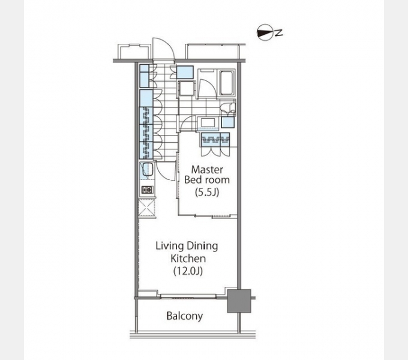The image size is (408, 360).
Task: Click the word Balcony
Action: [x=184, y=316]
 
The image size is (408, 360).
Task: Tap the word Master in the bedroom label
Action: [x=207, y=170]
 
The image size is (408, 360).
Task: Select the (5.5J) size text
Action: [x=207, y=192]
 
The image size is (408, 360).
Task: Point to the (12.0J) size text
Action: [x=188, y=271]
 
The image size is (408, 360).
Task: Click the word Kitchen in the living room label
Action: [x=188, y=259]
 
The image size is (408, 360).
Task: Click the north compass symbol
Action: [x=265, y=32]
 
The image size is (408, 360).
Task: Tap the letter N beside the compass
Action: [x=279, y=33]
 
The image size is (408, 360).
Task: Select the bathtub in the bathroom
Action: [x=227, y=83]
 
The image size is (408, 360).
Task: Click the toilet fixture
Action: [x=228, y=109]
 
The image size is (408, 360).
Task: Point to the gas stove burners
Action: [x=147, y=190]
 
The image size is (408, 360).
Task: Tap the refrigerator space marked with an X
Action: [x=147, y=208]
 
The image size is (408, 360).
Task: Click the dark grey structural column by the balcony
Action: [x=239, y=301]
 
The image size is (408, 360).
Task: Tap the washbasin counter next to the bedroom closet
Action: [x=208, y=122]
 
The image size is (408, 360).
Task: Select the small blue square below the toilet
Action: [x=228, y=122]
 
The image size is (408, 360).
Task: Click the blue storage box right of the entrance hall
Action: [x=185, y=73]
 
